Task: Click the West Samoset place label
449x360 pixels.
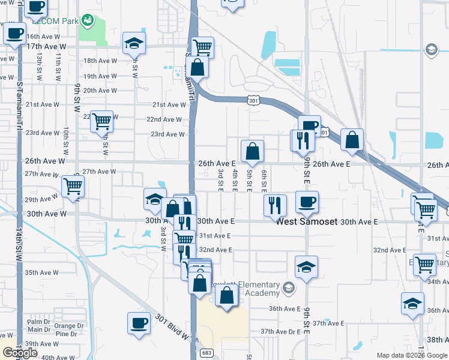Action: tap(306, 221)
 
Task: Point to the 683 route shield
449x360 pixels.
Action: tap(206, 352)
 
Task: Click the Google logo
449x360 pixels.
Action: tap(20, 352)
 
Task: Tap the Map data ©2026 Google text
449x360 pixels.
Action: tap(412, 355)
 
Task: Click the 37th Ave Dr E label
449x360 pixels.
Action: tap(280, 331)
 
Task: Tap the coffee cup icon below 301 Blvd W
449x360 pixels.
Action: tap(139, 322)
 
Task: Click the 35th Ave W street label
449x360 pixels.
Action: tap(41, 272)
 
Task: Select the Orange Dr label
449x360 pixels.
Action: tap(65, 326)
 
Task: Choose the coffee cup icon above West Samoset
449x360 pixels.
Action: tap(307, 202)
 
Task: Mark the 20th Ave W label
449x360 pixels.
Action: tap(100, 91)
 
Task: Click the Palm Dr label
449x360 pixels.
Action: tap(38, 322)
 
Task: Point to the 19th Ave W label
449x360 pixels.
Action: tap(99, 76)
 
